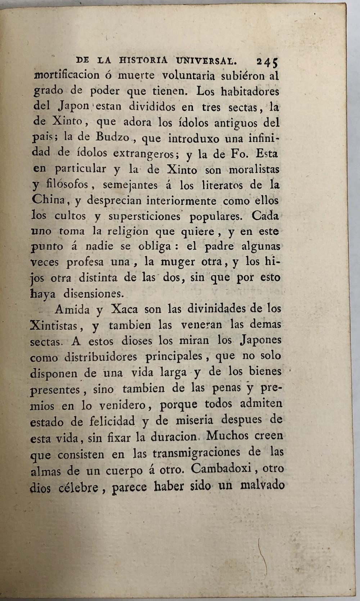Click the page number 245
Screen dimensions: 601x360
click(267, 62)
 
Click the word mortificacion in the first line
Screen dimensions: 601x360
click(67, 75)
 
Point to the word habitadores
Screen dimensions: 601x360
click(250, 91)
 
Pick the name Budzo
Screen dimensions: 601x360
click(112, 137)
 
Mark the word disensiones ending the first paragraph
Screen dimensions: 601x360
click(94, 294)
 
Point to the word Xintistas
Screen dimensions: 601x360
click(54, 326)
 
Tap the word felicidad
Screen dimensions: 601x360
click(102, 421)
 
